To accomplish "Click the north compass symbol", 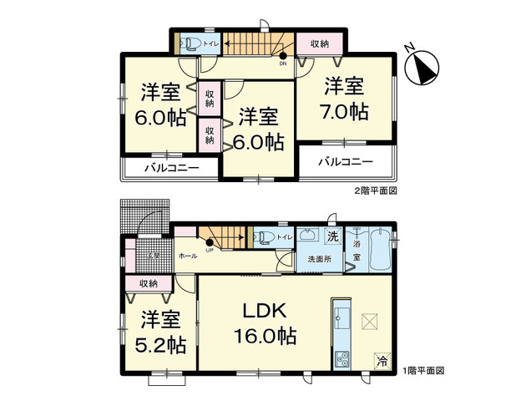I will [423, 65].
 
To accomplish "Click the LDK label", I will [265, 312].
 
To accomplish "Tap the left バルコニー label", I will [171, 168].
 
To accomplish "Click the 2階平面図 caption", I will [374, 190].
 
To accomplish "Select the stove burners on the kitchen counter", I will [342, 359].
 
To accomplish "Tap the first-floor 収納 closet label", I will [149, 284].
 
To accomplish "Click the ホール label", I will [187, 256].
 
